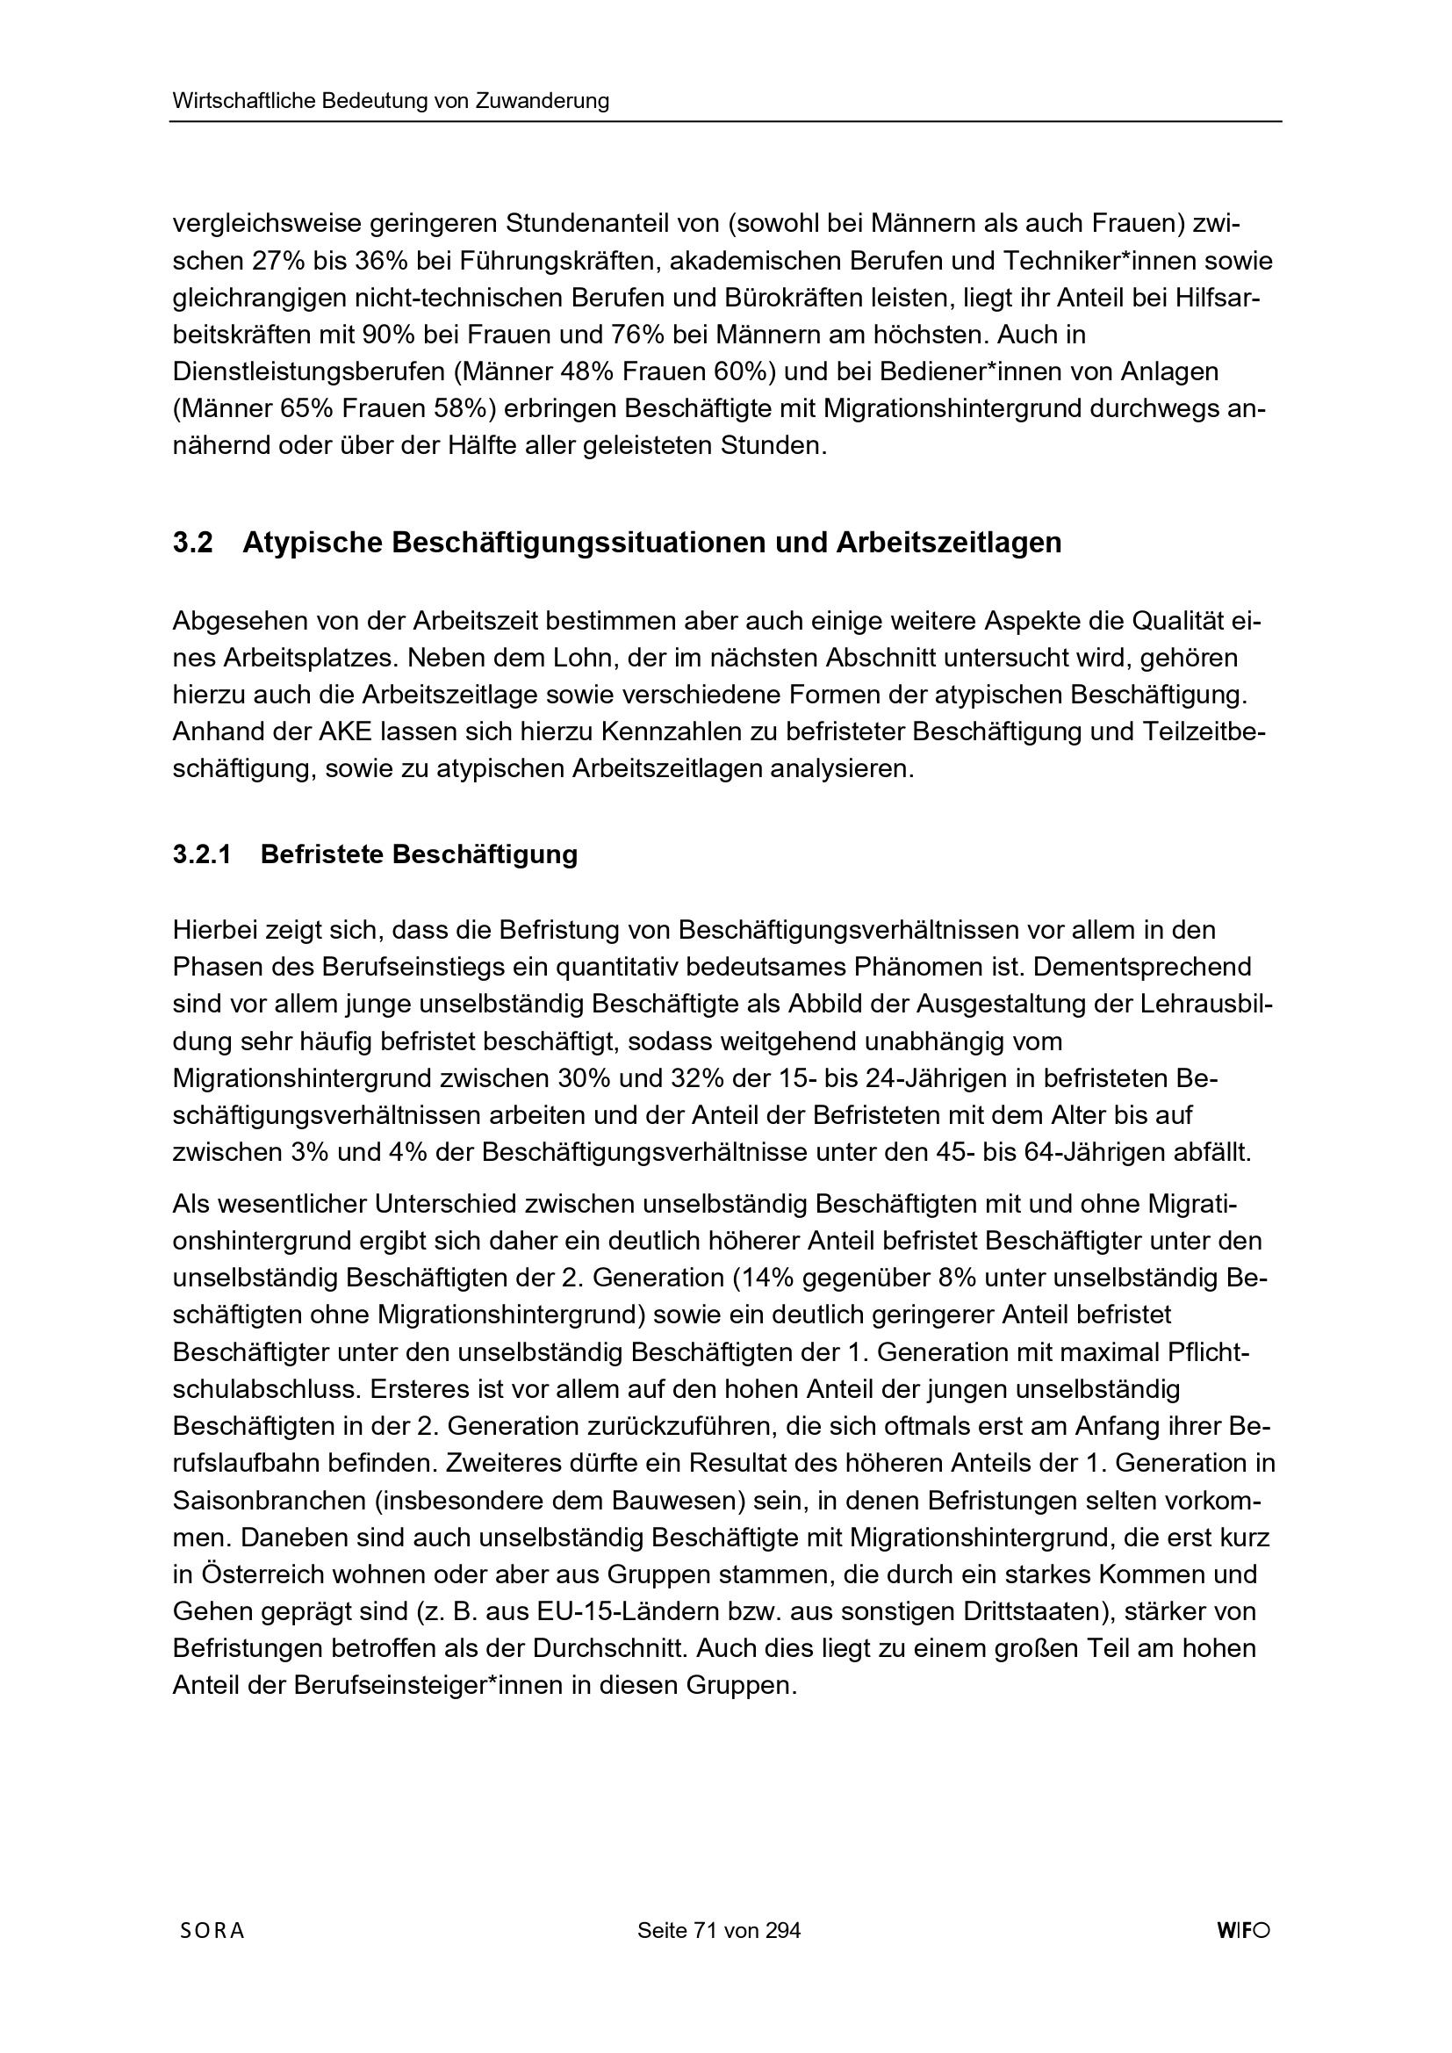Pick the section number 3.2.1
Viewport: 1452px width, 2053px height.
click(202, 854)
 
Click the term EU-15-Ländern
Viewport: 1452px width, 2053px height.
click(615, 1611)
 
